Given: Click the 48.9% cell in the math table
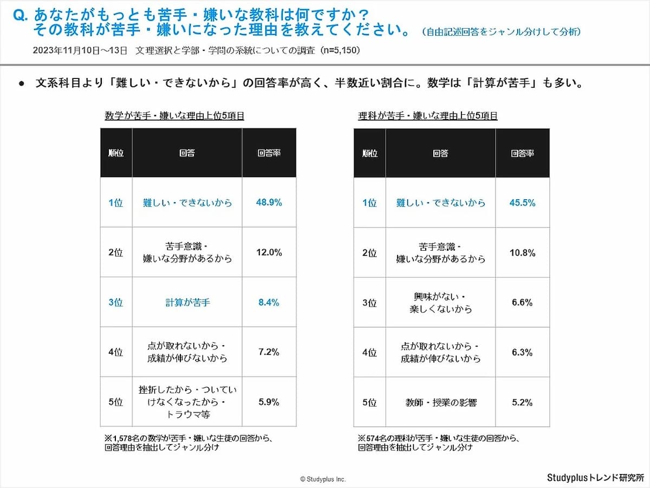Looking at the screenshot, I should (269, 203).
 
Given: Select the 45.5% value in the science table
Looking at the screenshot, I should (522, 203).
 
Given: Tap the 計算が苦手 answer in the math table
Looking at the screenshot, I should (187, 302).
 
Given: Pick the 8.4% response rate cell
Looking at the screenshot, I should (269, 302).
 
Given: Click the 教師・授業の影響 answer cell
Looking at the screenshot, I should (441, 402).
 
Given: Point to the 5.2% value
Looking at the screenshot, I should (522, 402).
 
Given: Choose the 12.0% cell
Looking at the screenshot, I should (269, 252).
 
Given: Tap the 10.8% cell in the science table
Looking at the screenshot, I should (522, 252).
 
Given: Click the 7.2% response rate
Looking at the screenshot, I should (269, 352).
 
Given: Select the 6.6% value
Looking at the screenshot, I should (522, 302).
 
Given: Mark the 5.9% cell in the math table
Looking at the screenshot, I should (269, 402).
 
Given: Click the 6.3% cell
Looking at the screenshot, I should (522, 352).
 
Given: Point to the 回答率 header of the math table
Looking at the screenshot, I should (269, 153).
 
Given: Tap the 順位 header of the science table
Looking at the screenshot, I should (369, 153).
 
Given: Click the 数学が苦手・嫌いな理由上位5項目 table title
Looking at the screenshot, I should (174, 116).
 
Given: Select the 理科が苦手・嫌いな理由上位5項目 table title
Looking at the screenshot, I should (427, 116).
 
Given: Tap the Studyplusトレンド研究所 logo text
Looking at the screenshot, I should (595, 477).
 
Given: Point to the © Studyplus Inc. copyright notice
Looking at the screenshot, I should (323, 479).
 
